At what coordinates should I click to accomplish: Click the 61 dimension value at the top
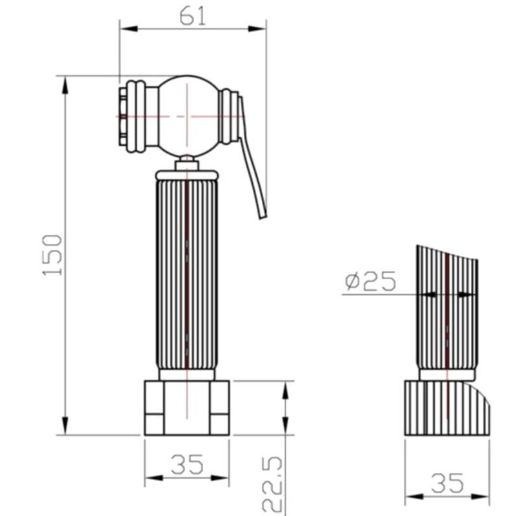(x=192, y=16)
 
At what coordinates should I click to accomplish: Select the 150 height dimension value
(x=52, y=255)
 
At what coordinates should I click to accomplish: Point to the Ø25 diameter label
(x=370, y=281)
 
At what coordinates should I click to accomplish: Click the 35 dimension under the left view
(x=187, y=464)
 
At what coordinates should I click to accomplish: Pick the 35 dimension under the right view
(x=447, y=482)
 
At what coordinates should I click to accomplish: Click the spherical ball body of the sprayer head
(x=188, y=116)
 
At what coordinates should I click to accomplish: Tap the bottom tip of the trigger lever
(x=263, y=217)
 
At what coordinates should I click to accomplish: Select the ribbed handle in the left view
(x=187, y=275)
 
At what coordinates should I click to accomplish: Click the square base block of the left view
(x=187, y=408)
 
